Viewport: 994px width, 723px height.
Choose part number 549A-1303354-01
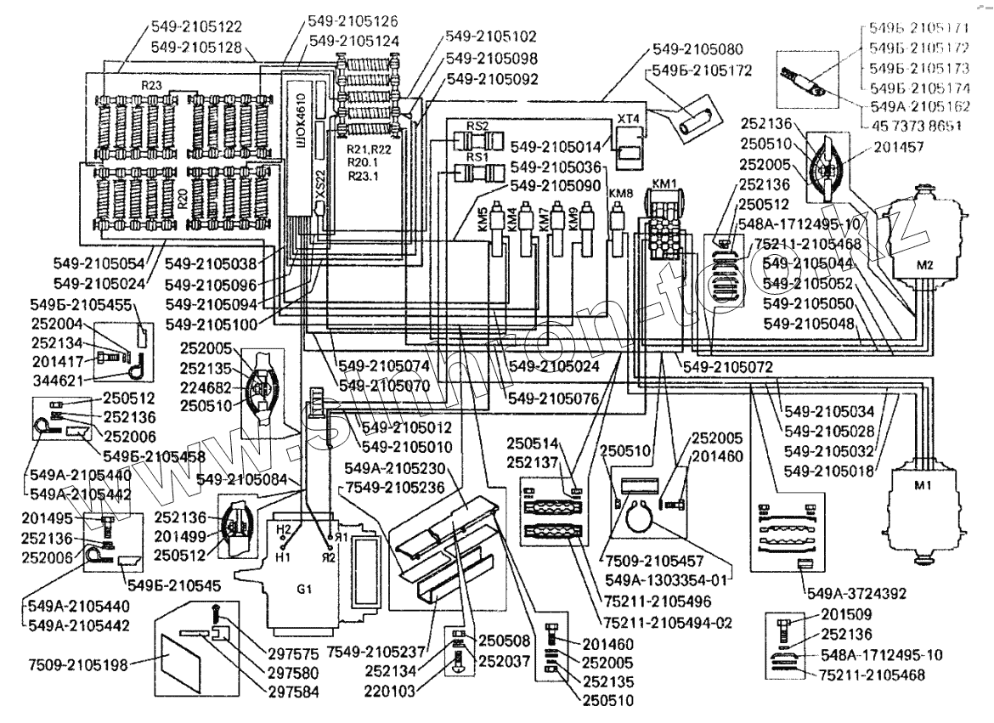669,579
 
